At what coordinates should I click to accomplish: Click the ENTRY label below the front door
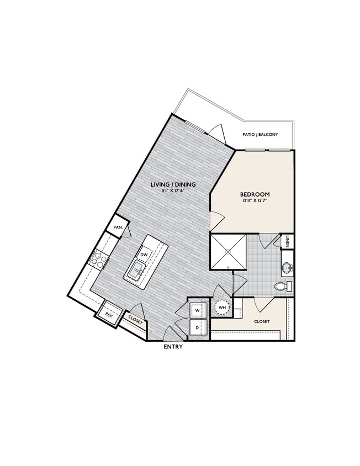[173, 347]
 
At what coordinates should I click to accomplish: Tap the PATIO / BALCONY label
[260, 135]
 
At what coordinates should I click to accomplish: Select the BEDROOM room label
[255, 194]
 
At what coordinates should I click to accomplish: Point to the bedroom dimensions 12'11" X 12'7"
[255, 202]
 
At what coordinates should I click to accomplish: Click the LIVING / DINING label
[173, 184]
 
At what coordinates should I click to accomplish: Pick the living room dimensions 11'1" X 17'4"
[173, 191]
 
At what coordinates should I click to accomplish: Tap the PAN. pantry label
[118, 227]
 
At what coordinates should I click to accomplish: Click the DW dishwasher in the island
[144, 254]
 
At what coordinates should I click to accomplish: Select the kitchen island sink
[136, 271]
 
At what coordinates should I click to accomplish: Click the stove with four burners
[99, 259]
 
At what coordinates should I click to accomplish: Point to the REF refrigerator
[109, 315]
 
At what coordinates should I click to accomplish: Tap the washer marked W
[197, 310]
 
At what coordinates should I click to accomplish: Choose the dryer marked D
[197, 327]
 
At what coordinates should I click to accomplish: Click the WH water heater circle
[221, 308]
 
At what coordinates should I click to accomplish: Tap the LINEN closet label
[289, 242]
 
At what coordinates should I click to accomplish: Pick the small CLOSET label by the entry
[135, 320]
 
